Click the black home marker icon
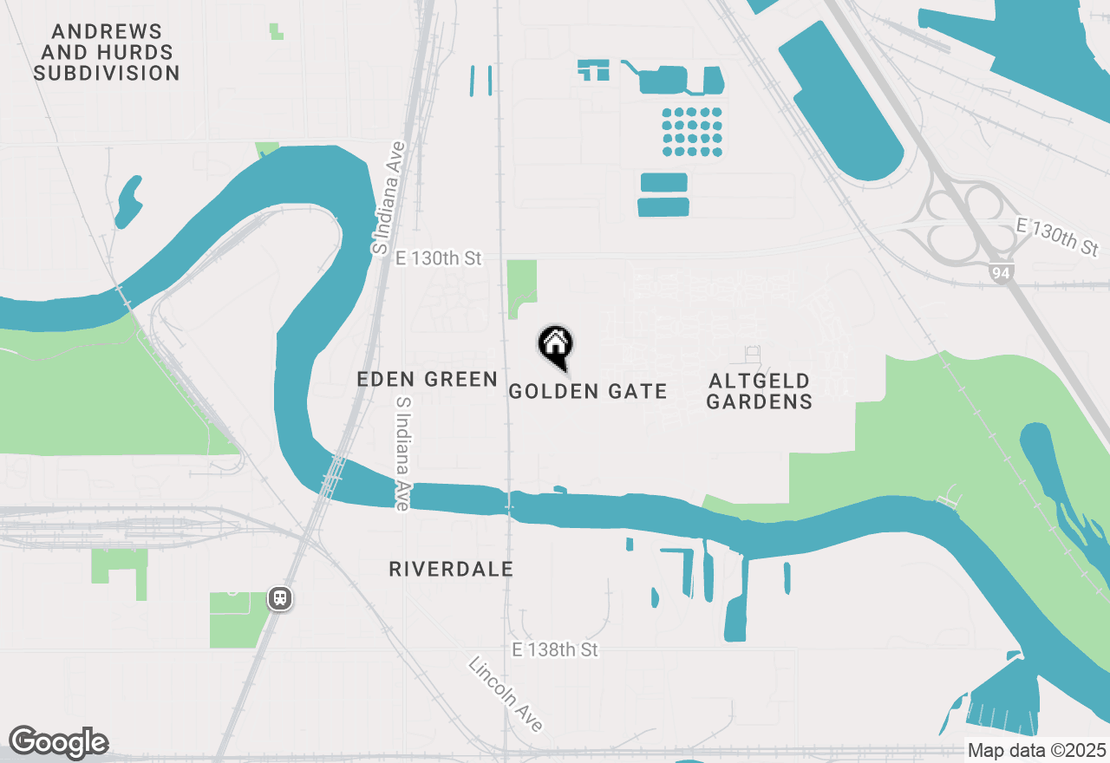pos(555,345)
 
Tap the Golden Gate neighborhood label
pos(588,392)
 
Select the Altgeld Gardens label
pos(759,391)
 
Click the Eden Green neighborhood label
pos(428,379)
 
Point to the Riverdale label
pos(451,570)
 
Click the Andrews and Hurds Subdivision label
pos(107,53)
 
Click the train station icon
pos(279,598)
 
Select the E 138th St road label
pos(555,649)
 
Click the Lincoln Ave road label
pos(506,694)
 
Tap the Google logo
pos(58,742)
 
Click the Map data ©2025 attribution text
pos(1036,750)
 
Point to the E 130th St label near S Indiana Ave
pos(438,258)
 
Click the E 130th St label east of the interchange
pos(1056,237)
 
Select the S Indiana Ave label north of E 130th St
pos(390,198)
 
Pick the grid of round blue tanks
pos(692,132)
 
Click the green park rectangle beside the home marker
pos(521,286)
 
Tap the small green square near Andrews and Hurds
pos(276,31)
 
